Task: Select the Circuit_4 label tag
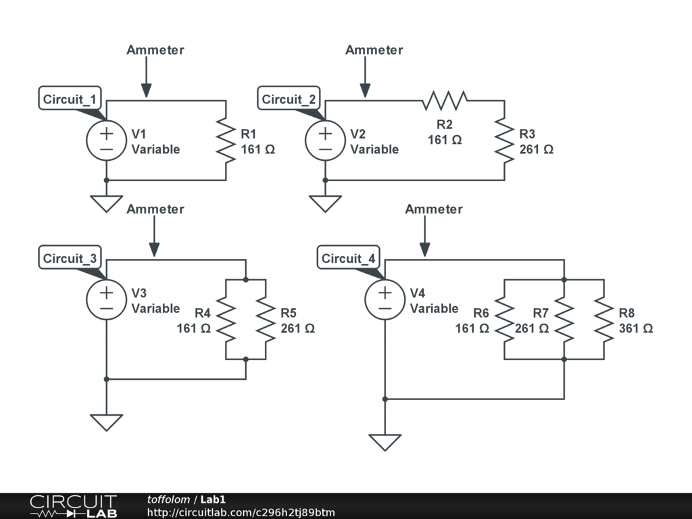click(349, 259)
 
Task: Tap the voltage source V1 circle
click(106, 141)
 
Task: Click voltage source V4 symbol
click(385, 300)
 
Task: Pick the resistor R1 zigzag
click(225, 141)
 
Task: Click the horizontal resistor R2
click(445, 101)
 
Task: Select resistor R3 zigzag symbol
click(504, 141)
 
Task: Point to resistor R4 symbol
click(225, 320)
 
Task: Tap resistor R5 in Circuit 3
click(266, 320)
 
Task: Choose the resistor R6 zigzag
click(504, 320)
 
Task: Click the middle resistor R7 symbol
click(564, 320)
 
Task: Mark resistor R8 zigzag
click(603, 320)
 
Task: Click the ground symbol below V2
click(325, 203)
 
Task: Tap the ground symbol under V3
click(106, 422)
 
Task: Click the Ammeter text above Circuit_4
click(434, 209)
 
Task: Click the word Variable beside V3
click(155, 308)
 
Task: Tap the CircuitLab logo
click(73, 506)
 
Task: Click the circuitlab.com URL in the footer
click(241, 512)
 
